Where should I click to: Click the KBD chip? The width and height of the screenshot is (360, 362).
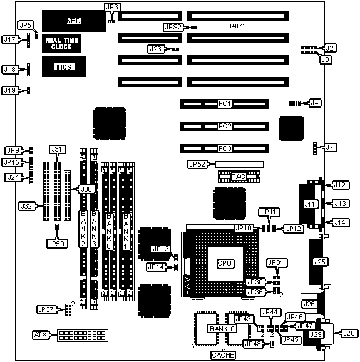[x=74, y=21]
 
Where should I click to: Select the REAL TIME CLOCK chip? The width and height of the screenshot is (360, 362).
[x=61, y=43]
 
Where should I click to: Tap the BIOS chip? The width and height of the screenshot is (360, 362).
[x=64, y=66]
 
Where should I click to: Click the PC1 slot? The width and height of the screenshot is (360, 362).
[x=225, y=104]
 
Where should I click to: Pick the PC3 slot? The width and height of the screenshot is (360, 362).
[x=225, y=148]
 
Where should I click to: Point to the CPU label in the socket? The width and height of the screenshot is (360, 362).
[x=225, y=264]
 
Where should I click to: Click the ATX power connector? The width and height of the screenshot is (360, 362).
[x=83, y=336]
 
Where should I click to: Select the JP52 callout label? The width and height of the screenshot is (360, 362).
[x=198, y=164]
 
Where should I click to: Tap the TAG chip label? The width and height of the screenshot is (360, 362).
[x=239, y=177]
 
